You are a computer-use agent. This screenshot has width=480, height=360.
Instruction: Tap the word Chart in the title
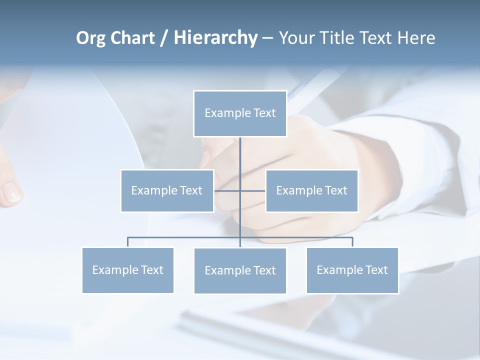(130, 38)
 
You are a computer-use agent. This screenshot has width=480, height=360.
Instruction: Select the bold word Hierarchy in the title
(215, 38)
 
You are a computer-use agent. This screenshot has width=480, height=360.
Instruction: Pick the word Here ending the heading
(416, 38)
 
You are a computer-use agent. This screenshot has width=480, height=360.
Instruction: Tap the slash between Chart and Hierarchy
(164, 38)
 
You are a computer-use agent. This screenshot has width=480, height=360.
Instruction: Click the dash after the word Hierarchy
(267, 38)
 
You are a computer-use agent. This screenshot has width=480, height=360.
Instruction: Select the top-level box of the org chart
(240, 113)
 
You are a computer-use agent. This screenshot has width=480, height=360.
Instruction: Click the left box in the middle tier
(167, 190)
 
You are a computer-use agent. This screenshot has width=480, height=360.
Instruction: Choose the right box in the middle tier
(312, 190)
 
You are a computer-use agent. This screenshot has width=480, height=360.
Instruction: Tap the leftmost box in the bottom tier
(128, 270)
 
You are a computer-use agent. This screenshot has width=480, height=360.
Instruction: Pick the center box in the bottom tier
(240, 270)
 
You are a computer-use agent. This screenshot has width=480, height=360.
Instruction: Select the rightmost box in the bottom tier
(352, 270)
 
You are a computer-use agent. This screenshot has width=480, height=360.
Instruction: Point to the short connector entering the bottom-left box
(128, 242)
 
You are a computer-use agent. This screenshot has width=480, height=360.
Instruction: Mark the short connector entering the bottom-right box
(352, 242)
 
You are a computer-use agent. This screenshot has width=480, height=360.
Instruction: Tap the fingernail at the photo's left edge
(11, 192)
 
